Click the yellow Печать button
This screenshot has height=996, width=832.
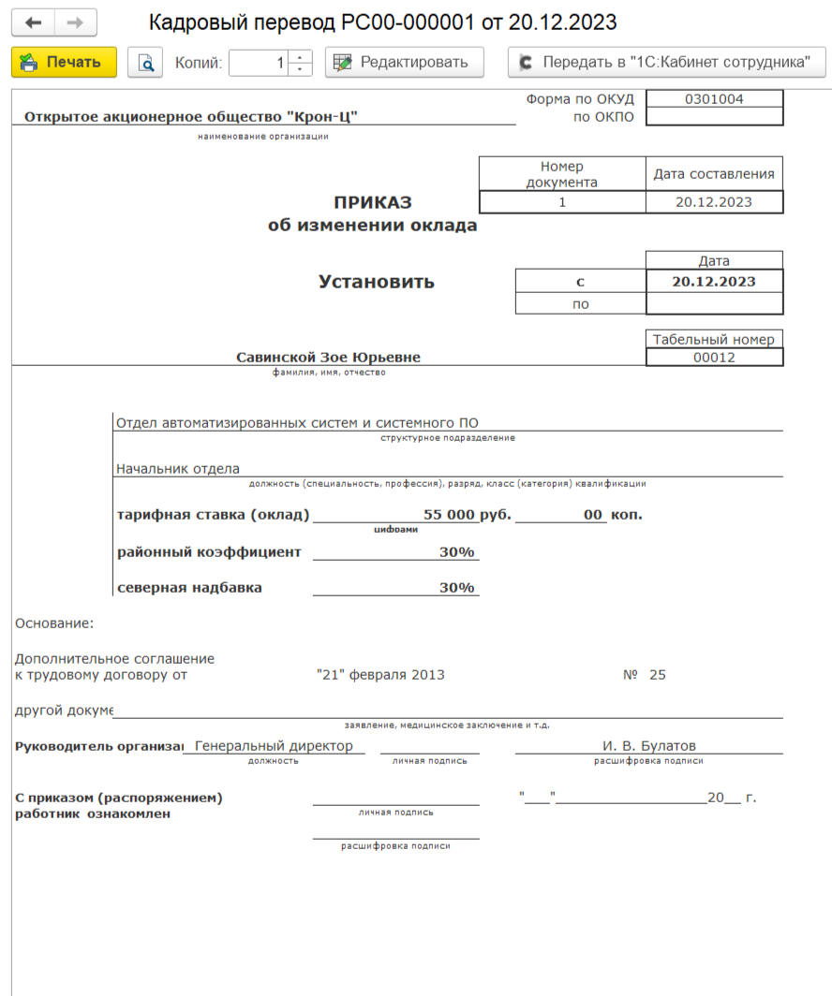(64, 63)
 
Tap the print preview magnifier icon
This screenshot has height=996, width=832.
(145, 63)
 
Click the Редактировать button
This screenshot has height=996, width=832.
(404, 63)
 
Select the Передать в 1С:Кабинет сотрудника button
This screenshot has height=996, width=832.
(666, 63)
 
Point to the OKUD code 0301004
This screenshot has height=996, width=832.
(714, 99)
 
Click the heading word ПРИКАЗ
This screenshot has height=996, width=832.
(373, 203)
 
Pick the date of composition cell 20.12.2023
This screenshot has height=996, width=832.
(714, 201)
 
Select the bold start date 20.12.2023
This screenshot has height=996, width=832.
(714, 281)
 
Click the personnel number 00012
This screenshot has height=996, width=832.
(714, 358)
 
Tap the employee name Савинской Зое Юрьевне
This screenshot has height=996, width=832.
(328, 357)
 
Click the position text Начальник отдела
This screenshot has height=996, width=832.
(178, 469)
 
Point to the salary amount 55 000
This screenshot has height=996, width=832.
(449, 515)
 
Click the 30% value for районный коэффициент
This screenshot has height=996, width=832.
(456, 552)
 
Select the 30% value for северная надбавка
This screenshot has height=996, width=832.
(456, 588)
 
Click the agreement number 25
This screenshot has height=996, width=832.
(657, 675)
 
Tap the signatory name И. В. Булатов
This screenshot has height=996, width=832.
(648, 746)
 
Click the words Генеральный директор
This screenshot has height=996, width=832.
(274, 746)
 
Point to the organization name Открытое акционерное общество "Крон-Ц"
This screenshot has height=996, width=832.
(191, 117)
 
